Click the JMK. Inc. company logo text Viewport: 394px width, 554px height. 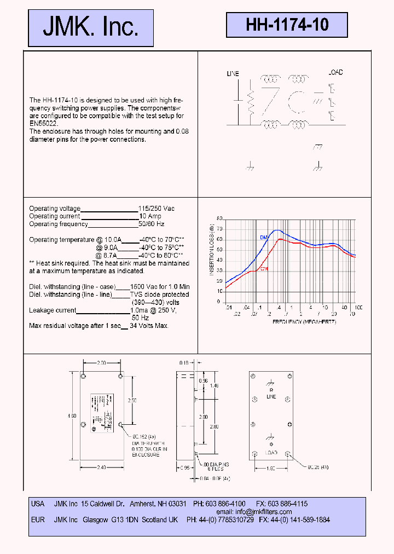click(91, 27)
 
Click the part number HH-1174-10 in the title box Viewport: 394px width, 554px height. click(287, 25)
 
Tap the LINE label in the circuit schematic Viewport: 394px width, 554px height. click(233, 73)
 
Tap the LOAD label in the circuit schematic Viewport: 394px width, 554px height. click(335, 73)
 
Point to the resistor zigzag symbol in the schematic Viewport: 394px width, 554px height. click(251, 101)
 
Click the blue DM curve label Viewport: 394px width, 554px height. click(263, 236)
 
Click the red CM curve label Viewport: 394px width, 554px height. click(264, 268)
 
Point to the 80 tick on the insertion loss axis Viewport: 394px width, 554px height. click(219, 218)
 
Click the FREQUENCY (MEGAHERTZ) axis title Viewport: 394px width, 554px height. click(304, 322)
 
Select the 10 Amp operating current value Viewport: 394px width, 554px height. click(150, 216)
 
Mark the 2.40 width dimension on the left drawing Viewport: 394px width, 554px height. click(102, 468)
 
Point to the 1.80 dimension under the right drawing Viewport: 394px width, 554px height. click(271, 468)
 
